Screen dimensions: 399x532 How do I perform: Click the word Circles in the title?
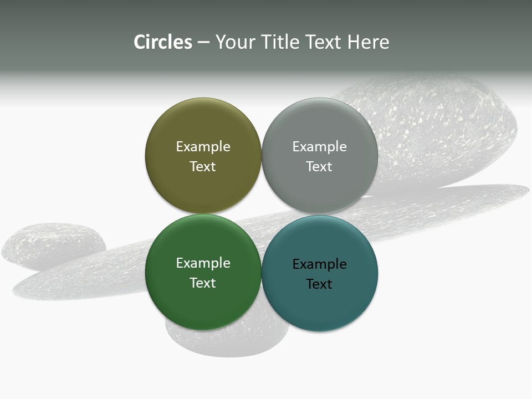tap(163, 42)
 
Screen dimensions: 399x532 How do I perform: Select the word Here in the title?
tap(369, 42)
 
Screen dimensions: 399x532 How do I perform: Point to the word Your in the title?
tap(235, 42)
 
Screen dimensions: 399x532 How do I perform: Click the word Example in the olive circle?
tap(203, 147)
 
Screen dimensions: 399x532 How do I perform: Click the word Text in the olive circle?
tap(203, 167)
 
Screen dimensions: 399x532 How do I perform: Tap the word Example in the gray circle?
tap(319, 147)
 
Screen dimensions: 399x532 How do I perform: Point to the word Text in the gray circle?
tap(319, 167)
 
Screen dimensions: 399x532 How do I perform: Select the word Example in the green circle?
tap(203, 263)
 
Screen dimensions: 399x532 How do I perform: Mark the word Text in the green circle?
tap(203, 283)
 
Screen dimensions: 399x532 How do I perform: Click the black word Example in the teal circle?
tap(319, 264)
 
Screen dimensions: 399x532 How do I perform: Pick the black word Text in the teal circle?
tap(319, 284)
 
